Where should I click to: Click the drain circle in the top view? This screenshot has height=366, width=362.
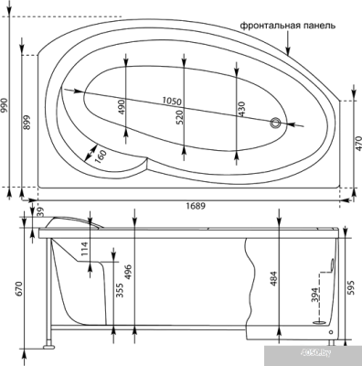point(275,122)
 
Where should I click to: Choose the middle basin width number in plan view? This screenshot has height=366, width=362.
point(182,115)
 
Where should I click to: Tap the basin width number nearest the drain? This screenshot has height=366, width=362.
point(240,108)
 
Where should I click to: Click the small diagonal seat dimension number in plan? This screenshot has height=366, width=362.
point(101,156)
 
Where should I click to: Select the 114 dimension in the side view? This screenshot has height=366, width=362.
point(85,248)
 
